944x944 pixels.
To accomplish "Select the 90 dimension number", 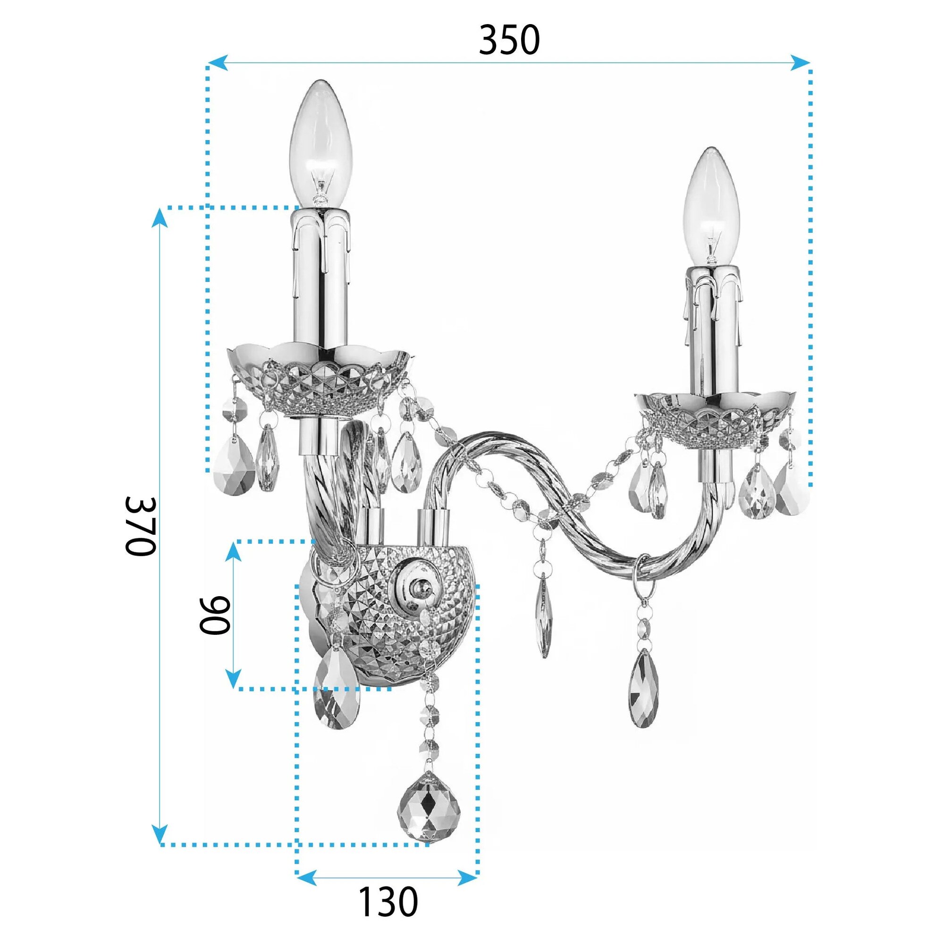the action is [214, 615].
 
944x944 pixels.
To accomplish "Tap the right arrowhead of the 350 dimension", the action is [800, 62].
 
